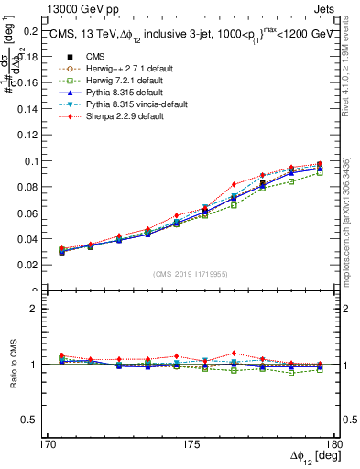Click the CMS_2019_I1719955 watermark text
(191, 273)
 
